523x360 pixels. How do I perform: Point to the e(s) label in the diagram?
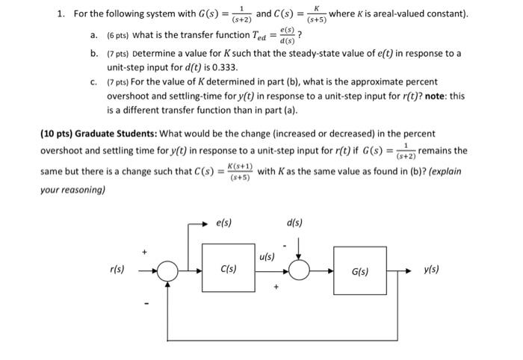[x=221, y=223]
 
